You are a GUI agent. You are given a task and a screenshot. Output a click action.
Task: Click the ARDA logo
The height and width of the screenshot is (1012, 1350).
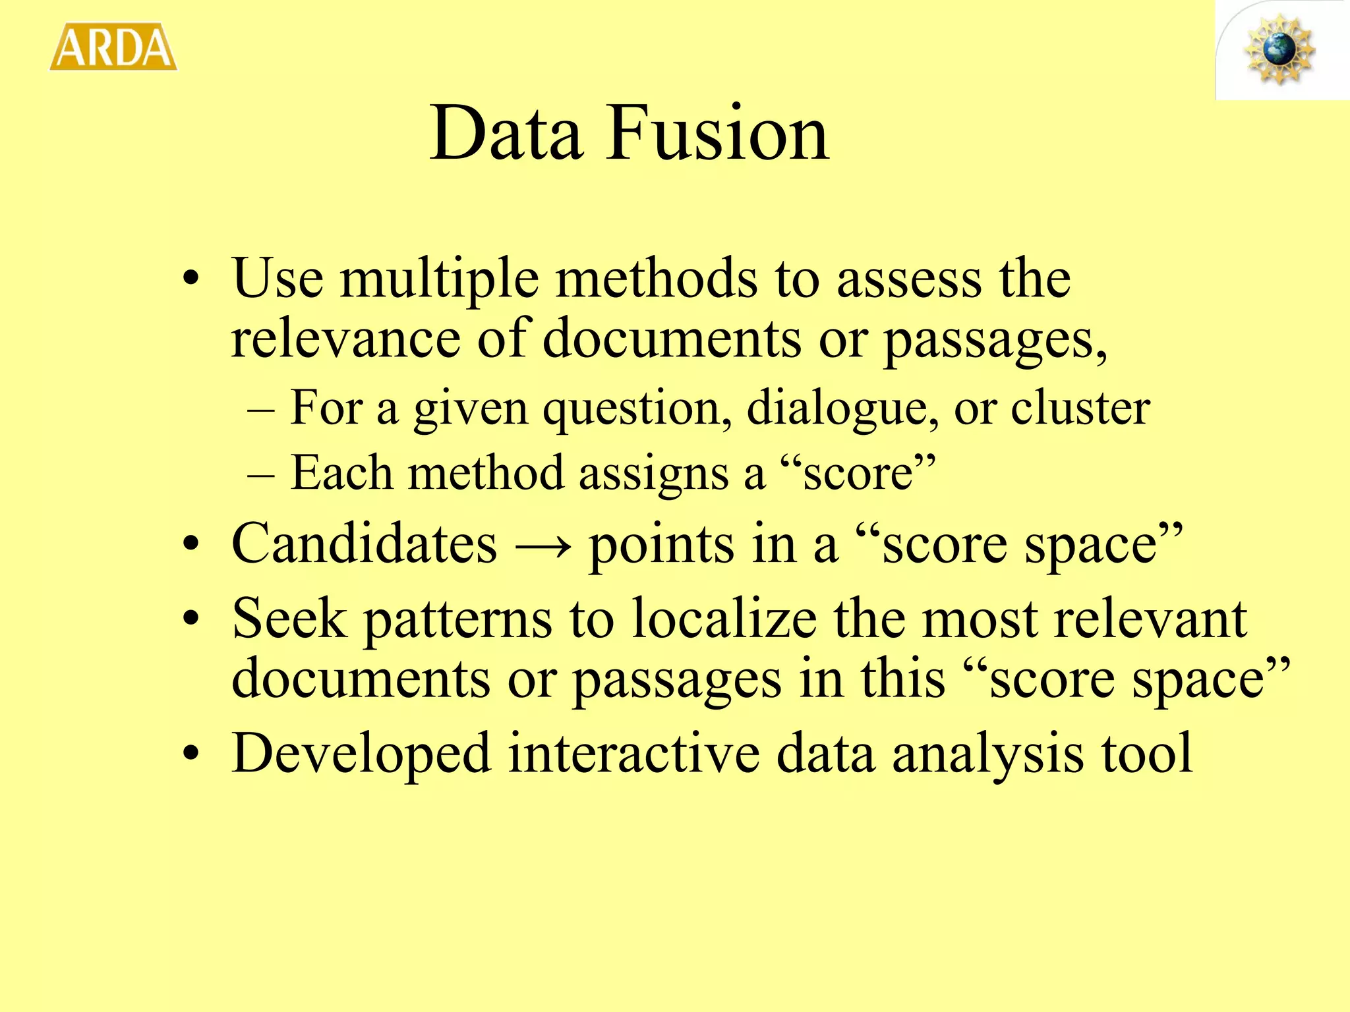tap(113, 47)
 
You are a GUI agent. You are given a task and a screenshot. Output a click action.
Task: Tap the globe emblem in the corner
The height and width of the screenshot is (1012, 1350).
tap(1280, 50)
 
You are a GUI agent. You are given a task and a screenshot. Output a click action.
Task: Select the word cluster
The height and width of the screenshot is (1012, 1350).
tap(1080, 408)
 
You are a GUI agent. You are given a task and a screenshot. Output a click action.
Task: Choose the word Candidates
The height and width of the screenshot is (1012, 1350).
tap(364, 544)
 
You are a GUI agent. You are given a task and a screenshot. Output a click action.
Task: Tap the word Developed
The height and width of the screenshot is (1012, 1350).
tap(361, 755)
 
